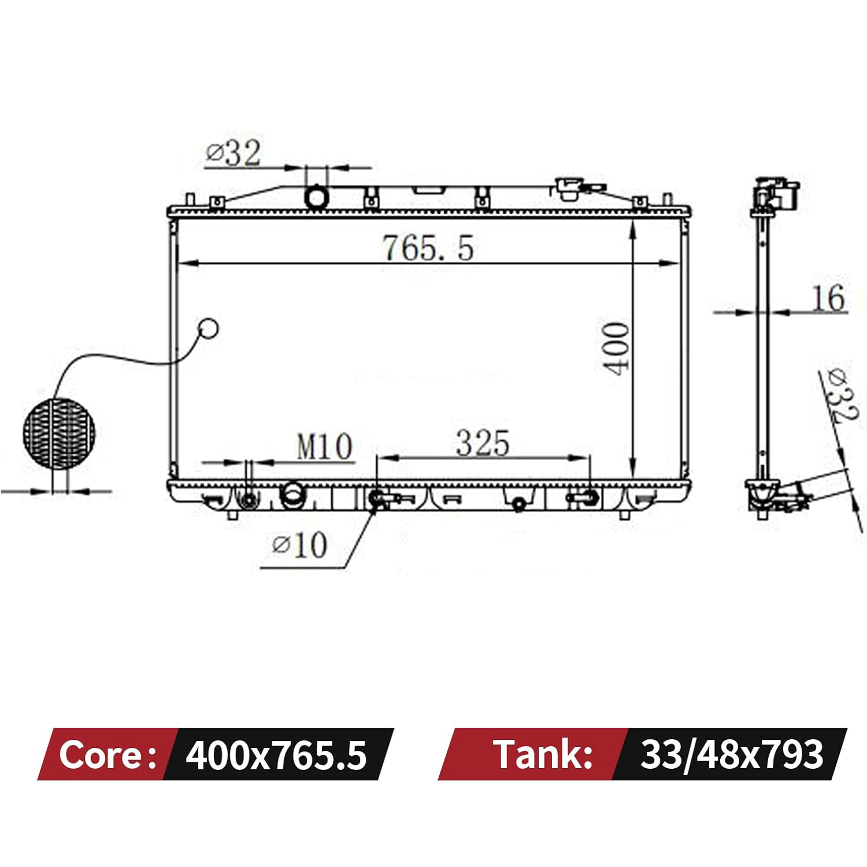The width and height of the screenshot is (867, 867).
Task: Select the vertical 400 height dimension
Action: click(x=616, y=348)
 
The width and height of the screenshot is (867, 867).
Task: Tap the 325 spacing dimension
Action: click(x=483, y=443)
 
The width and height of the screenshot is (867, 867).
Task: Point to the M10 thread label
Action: click(x=324, y=446)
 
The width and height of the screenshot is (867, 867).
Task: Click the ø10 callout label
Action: click(x=300, y=544)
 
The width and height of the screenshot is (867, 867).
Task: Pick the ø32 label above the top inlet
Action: click(x=234, y=153)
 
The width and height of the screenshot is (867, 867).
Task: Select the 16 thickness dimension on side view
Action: click(x=828, y=298)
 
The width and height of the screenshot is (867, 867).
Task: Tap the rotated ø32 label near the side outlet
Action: click(x=841, y=395)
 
